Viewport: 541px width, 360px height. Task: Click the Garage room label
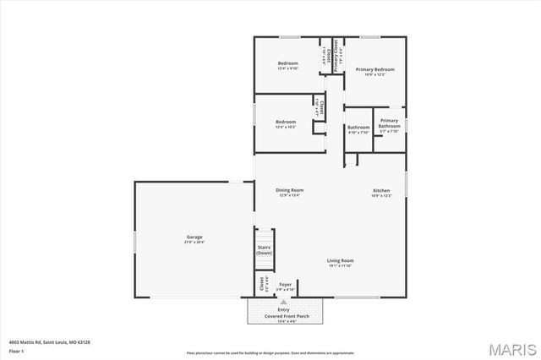[x=194, y=237]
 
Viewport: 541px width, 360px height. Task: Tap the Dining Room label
[x=289, y=190]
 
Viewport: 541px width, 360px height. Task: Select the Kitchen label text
[x=381, y=190]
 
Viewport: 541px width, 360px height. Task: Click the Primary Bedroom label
[x=374, y=68]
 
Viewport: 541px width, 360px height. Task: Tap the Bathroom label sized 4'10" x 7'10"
[x=358, y=128]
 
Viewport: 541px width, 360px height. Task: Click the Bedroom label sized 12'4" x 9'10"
[x=288, y=63]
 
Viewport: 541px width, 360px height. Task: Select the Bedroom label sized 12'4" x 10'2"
[x=286, y=122]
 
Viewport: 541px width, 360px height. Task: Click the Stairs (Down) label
[x=265, y=250]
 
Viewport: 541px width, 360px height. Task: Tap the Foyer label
[x=285, y=285]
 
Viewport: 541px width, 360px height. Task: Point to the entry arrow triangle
[x=283, y=301]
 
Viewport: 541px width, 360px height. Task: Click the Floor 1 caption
[x=17, y=350]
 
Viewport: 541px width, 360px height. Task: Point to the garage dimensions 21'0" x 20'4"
[x=194, y=243]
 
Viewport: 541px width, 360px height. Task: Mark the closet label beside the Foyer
[x=261, y=285]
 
